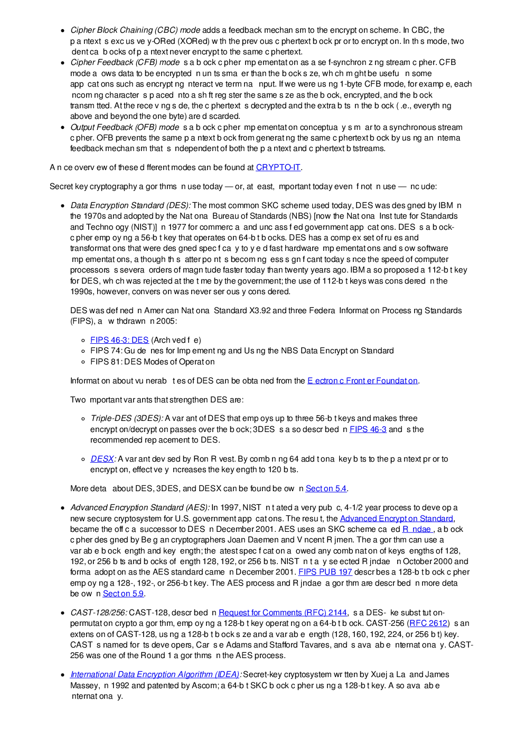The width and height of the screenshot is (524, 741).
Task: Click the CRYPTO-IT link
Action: [x=278, y=167]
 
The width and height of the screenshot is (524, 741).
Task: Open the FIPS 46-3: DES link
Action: [x=119, y=340]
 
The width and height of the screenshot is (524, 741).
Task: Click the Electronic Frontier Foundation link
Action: [x=362, y=381]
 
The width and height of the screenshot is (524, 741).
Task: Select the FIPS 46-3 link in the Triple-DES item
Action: [x=368, y=429]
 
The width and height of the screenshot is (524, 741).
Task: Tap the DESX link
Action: [x=102, y=459]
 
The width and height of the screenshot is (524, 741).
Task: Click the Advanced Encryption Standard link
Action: [x=396, y=519]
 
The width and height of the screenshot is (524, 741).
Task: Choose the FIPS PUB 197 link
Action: [x=325, y=572]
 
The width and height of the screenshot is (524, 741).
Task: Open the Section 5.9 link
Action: [x=123, y=594]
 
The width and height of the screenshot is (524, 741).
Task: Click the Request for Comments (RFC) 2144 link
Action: [x=283, y=613]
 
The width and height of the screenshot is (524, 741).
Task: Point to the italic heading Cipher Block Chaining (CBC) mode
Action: [x=135, y=30]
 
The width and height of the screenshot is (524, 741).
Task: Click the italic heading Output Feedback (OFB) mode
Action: [x=125, y=127]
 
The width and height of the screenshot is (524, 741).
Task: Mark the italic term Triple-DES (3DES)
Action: [x=127, y=418]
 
